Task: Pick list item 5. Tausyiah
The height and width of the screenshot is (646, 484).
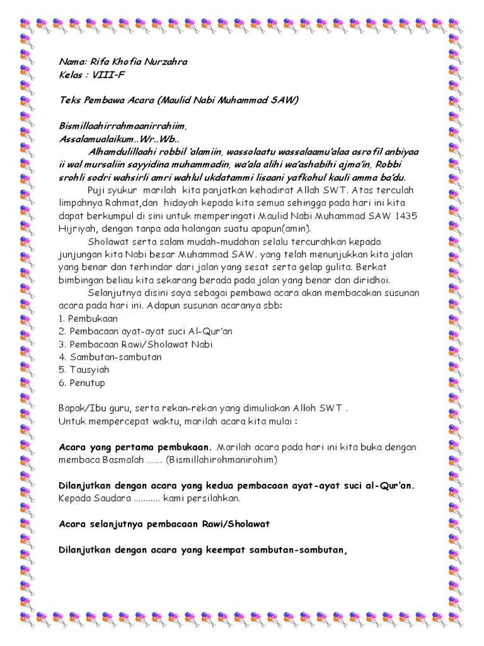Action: point(84,370)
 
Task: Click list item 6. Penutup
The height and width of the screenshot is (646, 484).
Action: point(82,383)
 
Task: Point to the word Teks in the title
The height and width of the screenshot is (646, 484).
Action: point(69,100)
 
